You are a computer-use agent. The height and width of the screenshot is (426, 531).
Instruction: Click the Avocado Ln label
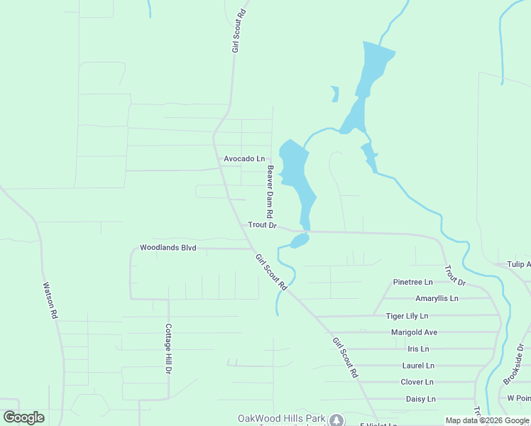[244, 158]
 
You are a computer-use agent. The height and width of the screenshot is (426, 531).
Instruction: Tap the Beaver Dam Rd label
[270, 192]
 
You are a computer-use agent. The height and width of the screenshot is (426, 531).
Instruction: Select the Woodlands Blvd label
[168, 248]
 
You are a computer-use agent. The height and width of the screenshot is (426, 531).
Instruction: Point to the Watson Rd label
[50, 299]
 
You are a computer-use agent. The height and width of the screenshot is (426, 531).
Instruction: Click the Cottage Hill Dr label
[168, 349]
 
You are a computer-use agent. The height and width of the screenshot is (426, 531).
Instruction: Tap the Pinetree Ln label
[413, 282]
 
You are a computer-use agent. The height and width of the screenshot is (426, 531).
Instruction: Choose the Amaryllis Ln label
[437, 298]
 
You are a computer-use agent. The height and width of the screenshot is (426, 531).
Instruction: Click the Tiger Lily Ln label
[407, 315]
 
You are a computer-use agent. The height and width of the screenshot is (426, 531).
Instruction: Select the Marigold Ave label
[414, 332]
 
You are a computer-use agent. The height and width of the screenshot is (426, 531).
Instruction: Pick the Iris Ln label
[418, 349]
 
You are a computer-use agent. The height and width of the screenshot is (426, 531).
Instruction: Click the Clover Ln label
[417, 382]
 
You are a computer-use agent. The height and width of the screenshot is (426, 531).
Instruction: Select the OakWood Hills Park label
[282, 418]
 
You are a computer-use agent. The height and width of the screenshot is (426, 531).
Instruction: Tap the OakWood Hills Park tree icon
[336, 420]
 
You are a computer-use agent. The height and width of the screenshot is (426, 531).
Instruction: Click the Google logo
[23, 417]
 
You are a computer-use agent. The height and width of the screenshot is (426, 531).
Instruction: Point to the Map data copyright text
[487, 420]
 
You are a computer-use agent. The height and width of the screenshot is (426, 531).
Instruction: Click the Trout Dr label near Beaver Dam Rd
[261, 225]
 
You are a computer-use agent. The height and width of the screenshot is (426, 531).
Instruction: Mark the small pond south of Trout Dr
[299, 241]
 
